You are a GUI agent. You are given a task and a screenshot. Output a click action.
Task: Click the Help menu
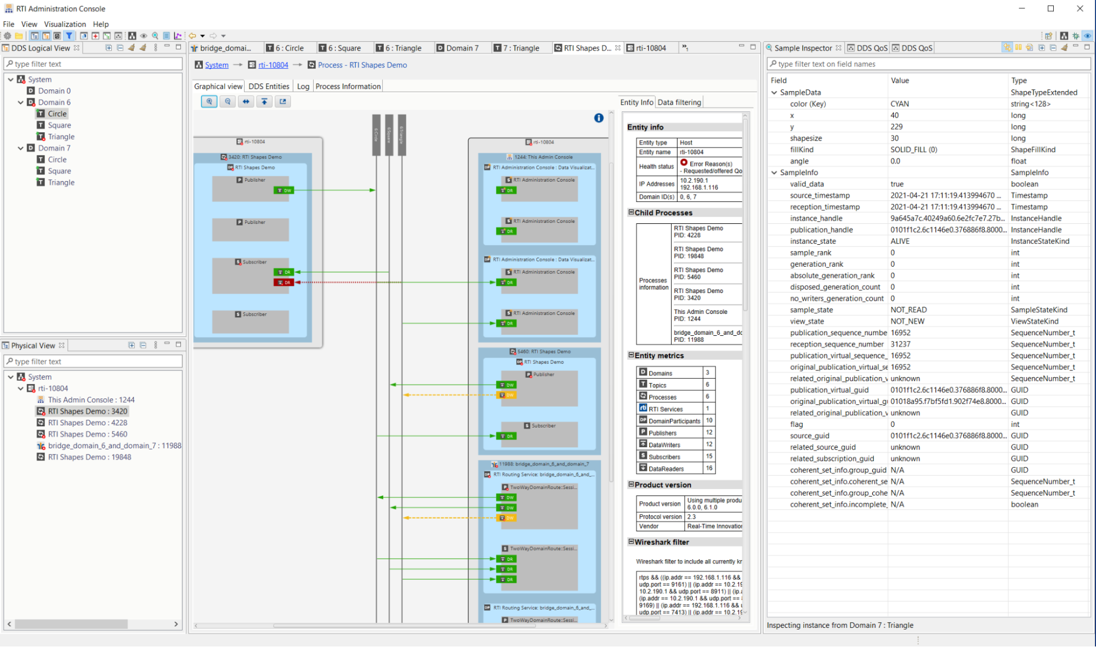(100, 24)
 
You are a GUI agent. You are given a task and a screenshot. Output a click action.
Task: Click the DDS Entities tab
(269, 86)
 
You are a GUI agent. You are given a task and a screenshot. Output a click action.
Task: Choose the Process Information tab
(348, 86)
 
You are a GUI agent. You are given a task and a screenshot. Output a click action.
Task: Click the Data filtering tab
(679, 102)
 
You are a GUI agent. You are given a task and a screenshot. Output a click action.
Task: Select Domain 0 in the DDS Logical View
(54, 91)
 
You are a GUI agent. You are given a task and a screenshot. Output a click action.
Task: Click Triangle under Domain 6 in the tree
(61, 137)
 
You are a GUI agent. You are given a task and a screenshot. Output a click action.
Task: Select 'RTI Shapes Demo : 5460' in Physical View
(87, 434)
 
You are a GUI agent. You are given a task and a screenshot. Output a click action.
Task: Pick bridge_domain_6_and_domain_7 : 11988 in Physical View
(114, 446)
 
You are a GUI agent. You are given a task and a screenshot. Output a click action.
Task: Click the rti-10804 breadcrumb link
(273, 65)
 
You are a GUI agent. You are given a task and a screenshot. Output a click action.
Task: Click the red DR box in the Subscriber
(284, 283)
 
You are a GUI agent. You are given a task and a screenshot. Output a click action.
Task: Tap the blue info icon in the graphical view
(598, 118)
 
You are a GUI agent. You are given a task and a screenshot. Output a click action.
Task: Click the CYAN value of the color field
(899, 104)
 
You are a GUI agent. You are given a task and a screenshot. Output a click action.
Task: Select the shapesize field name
(805, 138)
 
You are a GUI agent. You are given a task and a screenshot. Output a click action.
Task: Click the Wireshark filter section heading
(661, 542)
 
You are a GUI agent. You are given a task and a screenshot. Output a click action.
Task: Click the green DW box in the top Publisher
(284, 190)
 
